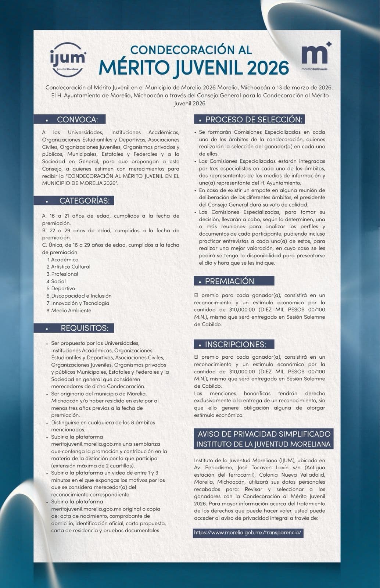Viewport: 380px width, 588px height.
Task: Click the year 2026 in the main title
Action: click(x=268, y=68)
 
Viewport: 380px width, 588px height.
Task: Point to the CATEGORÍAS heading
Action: click(x=85, y=201)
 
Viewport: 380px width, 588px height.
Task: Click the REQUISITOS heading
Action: click(x=85, y=328)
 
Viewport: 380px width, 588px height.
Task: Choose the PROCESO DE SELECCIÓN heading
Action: click(x=254, y=119)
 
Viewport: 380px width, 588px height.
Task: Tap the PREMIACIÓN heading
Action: click(x=229, y=281)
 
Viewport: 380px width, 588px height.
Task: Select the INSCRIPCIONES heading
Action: click(x=235, y=344)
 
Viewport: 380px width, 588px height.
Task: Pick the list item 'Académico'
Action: click(x=65, y=259)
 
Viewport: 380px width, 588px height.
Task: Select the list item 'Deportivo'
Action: click(x=63, y=288)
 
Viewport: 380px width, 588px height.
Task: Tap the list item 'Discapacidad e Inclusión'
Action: click(x=81, y=295)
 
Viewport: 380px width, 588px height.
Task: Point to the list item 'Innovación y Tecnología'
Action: click(x=80, y=303)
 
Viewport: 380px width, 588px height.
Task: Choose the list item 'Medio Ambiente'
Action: click(x=71, y=310)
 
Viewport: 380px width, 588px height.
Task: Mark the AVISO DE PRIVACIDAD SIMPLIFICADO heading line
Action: click(x=264, y=434)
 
